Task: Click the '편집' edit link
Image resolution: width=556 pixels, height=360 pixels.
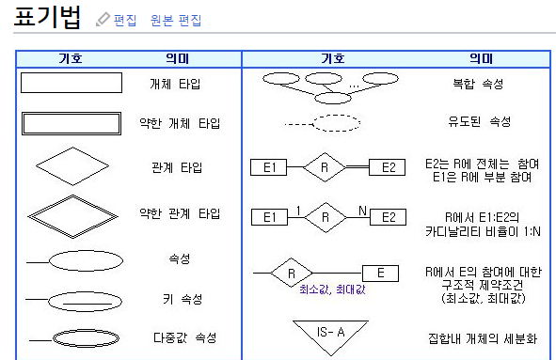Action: coord(125,20)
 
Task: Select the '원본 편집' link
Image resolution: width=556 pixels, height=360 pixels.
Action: coord(176,20)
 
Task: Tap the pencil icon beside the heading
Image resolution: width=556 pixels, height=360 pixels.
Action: coord(103,19)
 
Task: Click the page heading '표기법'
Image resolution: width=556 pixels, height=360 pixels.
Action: coord(47,17)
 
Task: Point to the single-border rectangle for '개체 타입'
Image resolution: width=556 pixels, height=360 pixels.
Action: coord(71,73)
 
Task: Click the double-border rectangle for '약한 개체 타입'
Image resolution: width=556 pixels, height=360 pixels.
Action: coord(71,114)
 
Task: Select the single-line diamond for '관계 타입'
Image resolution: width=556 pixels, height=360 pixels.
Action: coord(54,157)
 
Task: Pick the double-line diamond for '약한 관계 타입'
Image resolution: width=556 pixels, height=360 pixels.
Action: coord(51,206)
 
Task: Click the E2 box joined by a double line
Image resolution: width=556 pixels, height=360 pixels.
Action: coord(387,167)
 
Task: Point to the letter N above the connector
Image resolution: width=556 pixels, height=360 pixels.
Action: coord(362,211)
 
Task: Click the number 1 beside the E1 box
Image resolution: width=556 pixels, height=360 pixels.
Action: coord(298,211)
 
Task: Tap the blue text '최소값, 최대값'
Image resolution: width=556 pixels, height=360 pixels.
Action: coord(332,290)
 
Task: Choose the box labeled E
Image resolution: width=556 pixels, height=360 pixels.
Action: coord(380,274)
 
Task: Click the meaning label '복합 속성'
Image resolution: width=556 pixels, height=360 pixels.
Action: coord(478,84)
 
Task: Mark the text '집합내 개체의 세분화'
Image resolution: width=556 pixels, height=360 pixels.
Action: coord(483,338)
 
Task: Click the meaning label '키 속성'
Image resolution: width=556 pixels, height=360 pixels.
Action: coord(183,300)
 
